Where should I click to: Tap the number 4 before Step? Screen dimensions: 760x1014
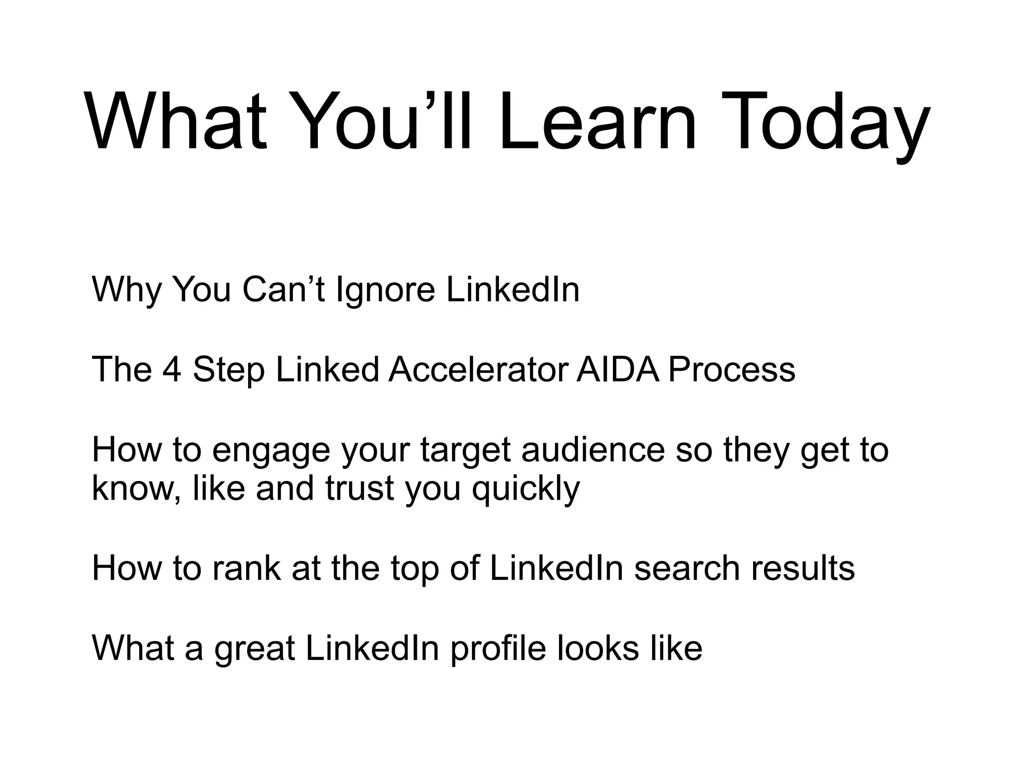click(172, 370)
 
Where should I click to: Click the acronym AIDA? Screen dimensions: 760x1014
click(617, 370)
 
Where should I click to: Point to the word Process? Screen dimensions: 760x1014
click(731, 370)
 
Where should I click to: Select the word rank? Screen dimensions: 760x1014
click(246, 568)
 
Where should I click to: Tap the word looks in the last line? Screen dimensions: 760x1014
click(598, 648)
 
